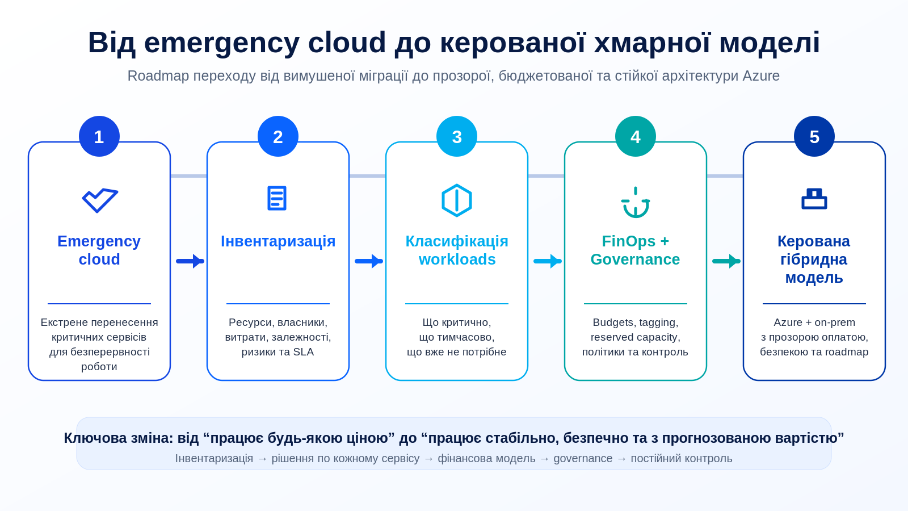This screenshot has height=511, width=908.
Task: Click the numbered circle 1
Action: click(x=99, y=136)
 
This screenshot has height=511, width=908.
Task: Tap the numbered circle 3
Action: click(x=457, y=136)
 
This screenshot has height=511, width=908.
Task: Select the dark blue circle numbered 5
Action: click(x=814, y=136)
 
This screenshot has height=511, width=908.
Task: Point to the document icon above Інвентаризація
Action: click(x=278, y=198)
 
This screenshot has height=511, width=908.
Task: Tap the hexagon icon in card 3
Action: click(x=457, y=200)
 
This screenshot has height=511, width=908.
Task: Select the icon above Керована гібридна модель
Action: click(x=814, y=199)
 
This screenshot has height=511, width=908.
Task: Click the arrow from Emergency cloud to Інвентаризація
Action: click(x=190, y=261)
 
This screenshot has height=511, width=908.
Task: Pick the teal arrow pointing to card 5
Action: click(x=726, y=261)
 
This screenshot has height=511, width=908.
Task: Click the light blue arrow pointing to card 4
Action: click(x=548, y=261)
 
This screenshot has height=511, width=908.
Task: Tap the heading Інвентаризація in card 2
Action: click(x=278, y=241)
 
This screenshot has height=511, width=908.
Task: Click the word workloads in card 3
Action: click(x=457, y=259)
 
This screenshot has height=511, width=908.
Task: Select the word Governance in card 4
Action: click(x=635, y=259)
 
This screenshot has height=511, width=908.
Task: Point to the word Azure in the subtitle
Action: click(x=761, y=76)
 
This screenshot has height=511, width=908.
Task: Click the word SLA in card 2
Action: click(x=304, y=352)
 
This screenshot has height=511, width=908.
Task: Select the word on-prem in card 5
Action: click(x=835, y=323)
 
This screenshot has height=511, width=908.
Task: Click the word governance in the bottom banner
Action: click(x=583, y=459)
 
